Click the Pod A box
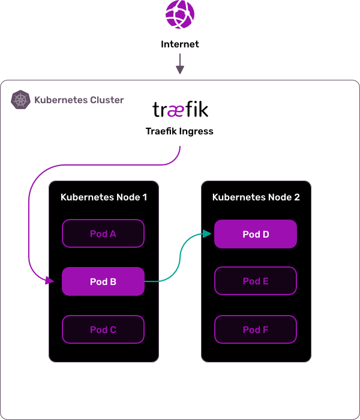(103, 233)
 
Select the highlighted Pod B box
(103, 281)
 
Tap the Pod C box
(103, 329)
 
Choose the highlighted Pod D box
(256, 234)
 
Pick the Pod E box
(256, 281)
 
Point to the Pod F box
(256, 329)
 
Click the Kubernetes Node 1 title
(104, 197)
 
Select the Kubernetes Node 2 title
(256, 197)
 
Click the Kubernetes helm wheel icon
(21, 100)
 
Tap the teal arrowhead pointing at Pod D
(208, 233)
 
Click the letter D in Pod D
(265, 234)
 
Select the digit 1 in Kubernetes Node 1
(144, 197)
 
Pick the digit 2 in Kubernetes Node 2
(296, 197)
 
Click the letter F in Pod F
(265, 329)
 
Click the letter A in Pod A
(112, 233)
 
